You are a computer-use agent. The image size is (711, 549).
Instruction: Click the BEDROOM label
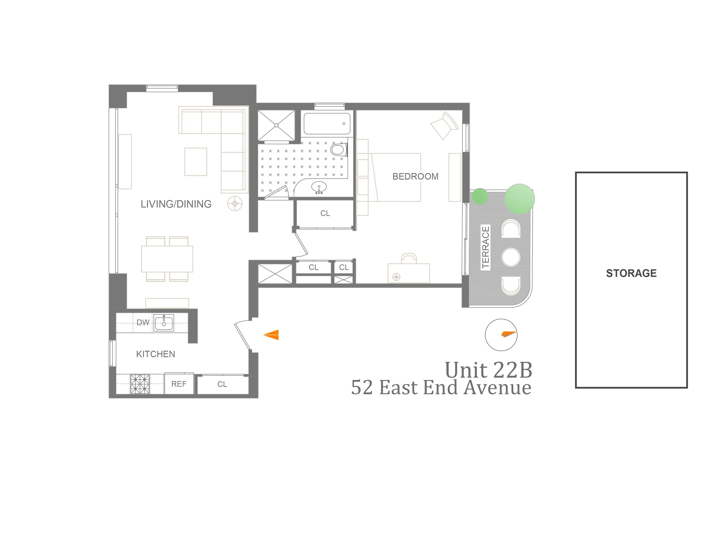[x=415, y=176]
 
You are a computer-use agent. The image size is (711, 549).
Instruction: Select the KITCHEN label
[x=155, y=354]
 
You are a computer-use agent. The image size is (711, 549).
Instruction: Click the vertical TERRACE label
[x=485, y=247]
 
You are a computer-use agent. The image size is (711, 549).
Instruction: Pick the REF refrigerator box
[x=179, y=384]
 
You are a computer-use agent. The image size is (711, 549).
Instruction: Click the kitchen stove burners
[x=140, y=384]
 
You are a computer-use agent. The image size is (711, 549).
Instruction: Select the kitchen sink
[x=164, y=323]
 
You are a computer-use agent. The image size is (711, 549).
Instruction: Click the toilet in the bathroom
[x=338, y=150]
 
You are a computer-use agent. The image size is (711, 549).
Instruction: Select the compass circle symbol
[x=501, y=335]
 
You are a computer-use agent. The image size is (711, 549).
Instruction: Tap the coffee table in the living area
[x=196, y=162]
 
